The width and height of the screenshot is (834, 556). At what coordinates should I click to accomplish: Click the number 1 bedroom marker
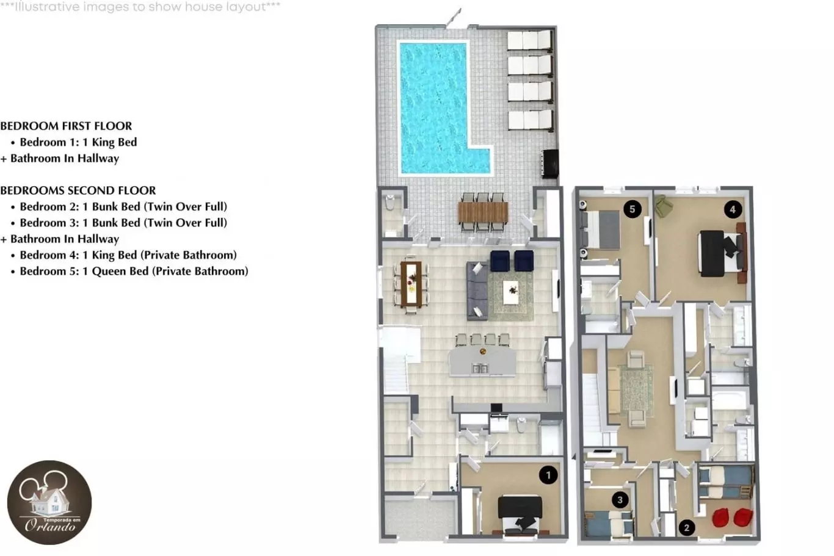click(548, 475)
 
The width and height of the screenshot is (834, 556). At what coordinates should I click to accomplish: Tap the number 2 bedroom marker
click(687, 527)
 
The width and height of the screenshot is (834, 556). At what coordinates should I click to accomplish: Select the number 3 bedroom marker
click(620, 500)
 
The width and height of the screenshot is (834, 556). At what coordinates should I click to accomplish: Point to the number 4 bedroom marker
click(733, 209)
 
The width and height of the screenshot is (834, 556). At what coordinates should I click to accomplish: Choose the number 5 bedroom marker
click(633, 209)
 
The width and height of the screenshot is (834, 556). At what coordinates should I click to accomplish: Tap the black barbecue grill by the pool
click(550, 164)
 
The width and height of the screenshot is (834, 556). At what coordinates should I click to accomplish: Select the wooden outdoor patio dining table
click(483, 212)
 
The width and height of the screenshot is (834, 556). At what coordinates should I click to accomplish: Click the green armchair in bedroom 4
click(662, 206)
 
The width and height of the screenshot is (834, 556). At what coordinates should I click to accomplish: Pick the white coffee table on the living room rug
click(510, 292)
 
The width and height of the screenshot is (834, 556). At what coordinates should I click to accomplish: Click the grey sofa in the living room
click(477, 291)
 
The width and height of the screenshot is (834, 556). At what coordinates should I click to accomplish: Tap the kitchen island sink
click(480, 369)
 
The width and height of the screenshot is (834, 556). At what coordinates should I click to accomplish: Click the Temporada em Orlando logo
click(49, 502)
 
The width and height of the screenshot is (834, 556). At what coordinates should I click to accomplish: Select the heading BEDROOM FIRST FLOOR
click(66, 126)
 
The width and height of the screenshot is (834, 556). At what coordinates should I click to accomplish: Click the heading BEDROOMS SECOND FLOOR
click(78, 190)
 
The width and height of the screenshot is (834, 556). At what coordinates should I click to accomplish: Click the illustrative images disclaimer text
click(140, 7)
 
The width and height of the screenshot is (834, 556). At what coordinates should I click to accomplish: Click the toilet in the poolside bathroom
click(390, 203)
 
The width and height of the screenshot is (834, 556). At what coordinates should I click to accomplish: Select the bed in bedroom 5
click(600, 229)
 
